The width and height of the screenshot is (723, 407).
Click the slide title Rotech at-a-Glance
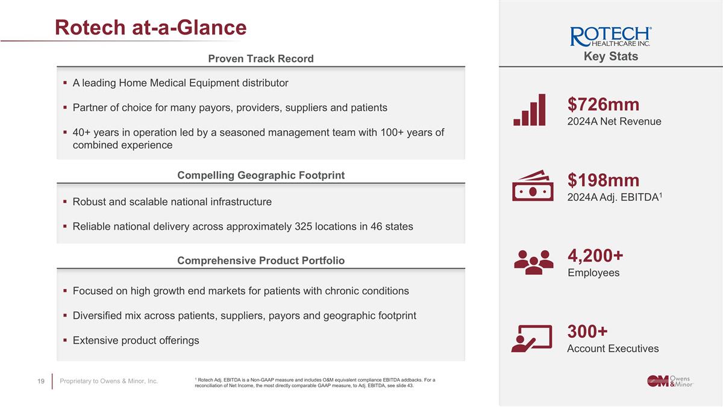click(x=151, y=27)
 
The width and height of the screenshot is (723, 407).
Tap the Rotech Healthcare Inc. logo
click(x=610, y=37)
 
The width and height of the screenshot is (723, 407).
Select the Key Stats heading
click(x=610, y=57)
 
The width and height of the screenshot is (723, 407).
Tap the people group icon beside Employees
click(x=533, y=262)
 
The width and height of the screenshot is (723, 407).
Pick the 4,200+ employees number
click(x=595, y=256)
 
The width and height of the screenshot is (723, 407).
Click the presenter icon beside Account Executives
click(x=531, y=338)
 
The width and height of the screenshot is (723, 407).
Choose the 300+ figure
click(x=587, y=332)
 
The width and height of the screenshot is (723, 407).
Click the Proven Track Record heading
click(x=260, y=58)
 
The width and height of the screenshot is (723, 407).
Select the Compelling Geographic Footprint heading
click(x=260, y=175)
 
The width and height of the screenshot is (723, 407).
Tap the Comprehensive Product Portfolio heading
click(x=260, y=260)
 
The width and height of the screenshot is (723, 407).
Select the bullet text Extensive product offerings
click(x=136, y=341)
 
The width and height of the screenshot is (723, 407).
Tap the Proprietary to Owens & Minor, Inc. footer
click(x=109, y=381)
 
